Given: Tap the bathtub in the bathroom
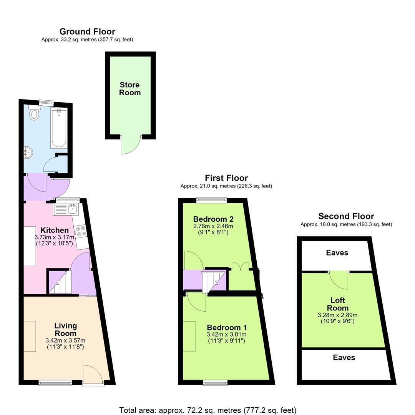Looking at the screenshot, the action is tap(59, 128).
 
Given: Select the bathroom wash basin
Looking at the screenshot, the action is tap(28, 153).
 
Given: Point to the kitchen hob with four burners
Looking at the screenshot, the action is tap(80, 231).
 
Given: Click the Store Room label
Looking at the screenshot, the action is tap(130, 89).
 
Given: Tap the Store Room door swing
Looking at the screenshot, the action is tap(131, 144).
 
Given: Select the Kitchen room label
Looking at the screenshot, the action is tap(55, 230).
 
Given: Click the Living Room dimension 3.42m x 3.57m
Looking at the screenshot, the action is tap(65, 340).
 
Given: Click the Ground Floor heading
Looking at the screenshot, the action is tap(87, 32).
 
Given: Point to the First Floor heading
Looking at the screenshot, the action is tap(226, 178).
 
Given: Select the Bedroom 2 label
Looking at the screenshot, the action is tap(213, 219).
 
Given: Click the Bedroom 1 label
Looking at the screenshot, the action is tap(227, 327).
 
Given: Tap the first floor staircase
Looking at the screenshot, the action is tap(214, 281).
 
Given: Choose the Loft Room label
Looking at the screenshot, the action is tap(338, 304).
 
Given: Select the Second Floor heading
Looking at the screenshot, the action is tap(346, 216).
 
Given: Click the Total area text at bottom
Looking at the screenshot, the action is tap(208, 410).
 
